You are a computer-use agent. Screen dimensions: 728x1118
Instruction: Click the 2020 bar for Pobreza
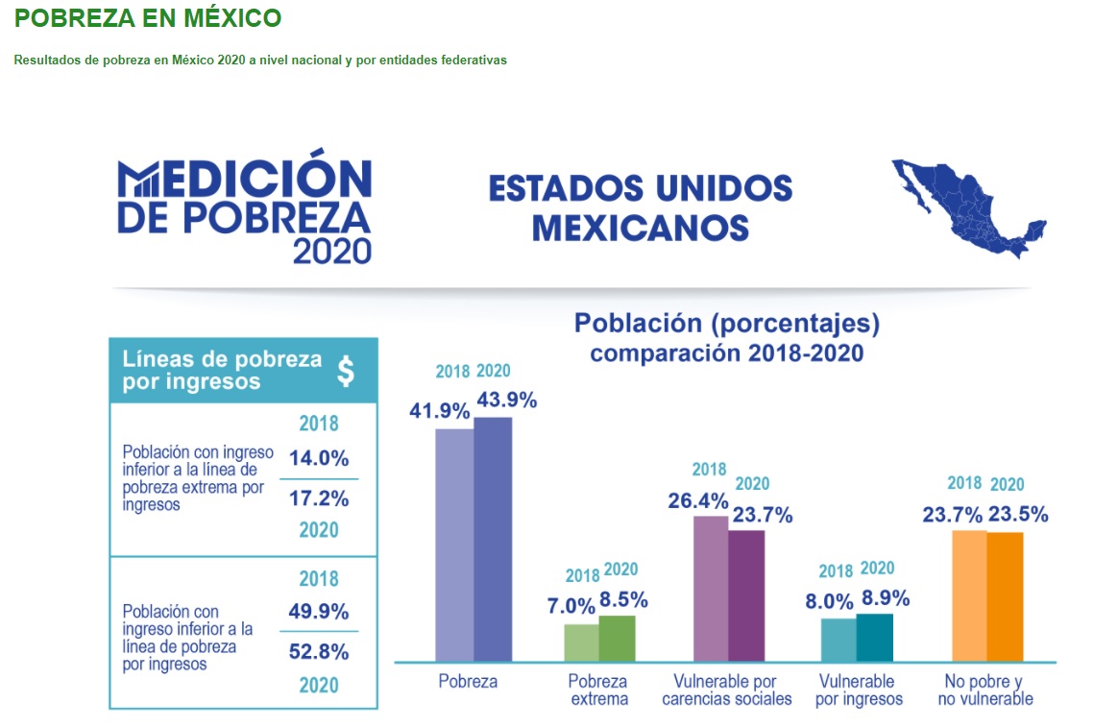coord(493,539)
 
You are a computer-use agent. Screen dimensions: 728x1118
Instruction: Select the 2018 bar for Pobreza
coord(454,545)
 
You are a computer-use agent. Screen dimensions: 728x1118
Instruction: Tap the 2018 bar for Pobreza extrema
coord(581,643)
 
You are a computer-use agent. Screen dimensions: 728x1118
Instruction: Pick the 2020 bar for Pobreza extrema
coord(618,638)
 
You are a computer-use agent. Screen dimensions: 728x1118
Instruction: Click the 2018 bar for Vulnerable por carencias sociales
coord(710,589)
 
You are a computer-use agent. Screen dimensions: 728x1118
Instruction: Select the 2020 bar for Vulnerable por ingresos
coord(874,637)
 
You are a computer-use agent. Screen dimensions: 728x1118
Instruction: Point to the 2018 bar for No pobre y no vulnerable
coord(968,595)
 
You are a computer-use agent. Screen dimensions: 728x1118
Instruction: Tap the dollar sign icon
coord(346,370)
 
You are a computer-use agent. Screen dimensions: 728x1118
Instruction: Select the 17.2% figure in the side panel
coord(319,498)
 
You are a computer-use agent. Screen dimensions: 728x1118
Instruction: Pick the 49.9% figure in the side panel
coord(319,612)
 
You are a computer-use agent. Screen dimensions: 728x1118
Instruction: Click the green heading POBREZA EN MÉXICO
coord(149,17)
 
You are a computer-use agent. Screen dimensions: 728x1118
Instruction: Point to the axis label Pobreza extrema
coord(597,690)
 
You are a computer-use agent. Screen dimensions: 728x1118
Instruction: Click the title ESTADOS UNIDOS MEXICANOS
coord(641,207)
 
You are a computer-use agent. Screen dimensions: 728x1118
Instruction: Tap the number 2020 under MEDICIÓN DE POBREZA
coord(331,251)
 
